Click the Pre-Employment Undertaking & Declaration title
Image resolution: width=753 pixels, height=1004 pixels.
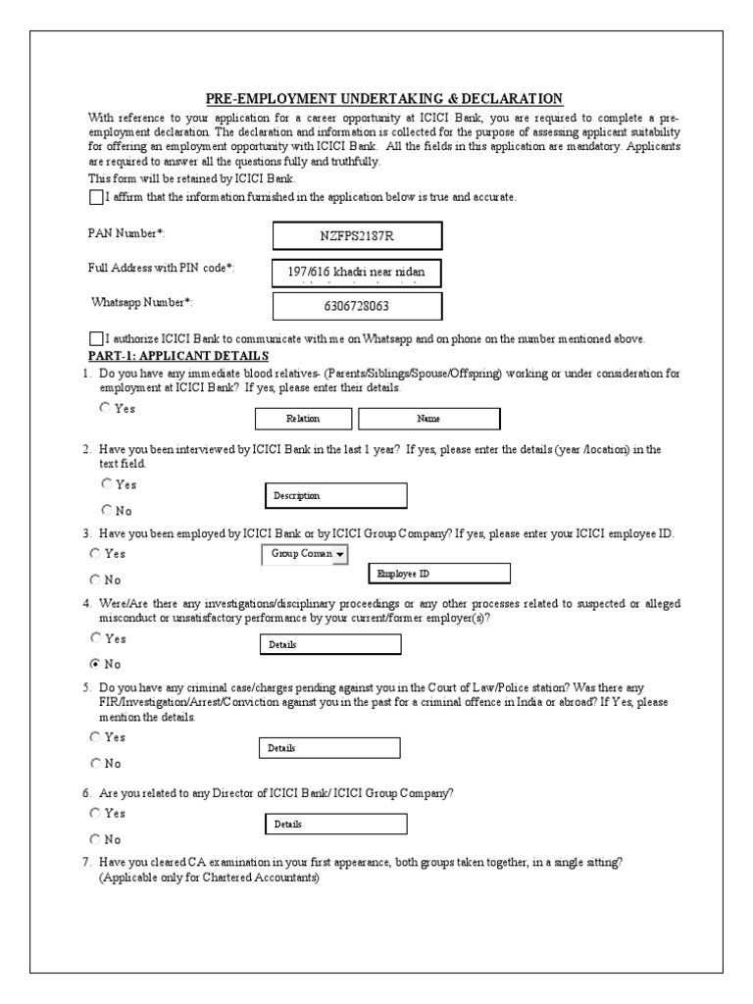[x=383, y=98]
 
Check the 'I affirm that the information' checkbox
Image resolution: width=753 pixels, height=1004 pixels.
[x=95, y=197]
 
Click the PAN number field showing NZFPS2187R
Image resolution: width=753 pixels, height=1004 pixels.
[x=357, y=236]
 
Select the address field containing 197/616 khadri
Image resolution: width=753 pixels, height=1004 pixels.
[x=357, y=271]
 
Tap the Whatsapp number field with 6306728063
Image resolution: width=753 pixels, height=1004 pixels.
[x=357, y=306]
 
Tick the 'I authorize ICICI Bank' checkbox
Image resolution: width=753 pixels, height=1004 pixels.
[x=95, y=338]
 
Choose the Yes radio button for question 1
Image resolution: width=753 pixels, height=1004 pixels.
[x=105, y=408]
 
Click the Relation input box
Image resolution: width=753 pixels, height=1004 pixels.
[x=303, y=419]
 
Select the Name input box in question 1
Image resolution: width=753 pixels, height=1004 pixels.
[x=428, y=419]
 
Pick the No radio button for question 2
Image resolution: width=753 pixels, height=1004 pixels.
[x=105, y=510]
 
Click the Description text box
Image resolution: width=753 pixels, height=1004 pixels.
[x=336, y=496]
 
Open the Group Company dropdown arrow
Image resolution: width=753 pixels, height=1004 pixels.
[x=340, y=555]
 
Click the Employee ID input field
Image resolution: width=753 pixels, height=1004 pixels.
[x=437, y=574]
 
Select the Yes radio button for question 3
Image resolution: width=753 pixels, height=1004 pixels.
[x=95, y=553]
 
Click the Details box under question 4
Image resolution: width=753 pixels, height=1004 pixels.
[x=330, y=645]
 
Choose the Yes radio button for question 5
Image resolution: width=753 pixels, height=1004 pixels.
[x=95, y=736]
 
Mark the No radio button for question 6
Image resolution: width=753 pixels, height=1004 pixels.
[x=95, y=839]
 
